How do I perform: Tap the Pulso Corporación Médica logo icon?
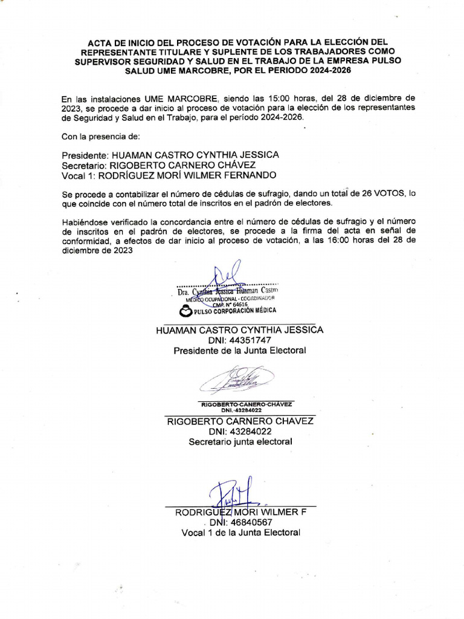click(x=184, y=311)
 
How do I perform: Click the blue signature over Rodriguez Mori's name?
click(x=233, y=493)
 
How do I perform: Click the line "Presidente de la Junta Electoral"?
click(x=240, y=351)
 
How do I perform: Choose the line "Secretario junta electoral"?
click(x=240, y=442)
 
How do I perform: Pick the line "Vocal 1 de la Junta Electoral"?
click(x=240, y=533)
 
